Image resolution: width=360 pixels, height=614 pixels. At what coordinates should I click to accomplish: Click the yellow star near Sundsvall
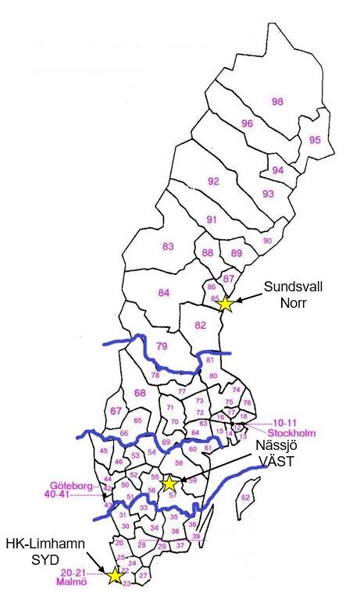(225, 304)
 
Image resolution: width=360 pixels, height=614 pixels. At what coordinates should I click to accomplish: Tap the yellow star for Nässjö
(169, 484)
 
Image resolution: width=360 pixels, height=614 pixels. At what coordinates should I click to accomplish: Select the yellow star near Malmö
(115, 576)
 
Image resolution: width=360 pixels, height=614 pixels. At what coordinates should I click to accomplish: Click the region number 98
(276, 102)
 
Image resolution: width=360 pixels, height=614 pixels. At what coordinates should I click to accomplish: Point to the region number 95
(315, 141)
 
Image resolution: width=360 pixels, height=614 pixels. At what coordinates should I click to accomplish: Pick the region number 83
(168, 247)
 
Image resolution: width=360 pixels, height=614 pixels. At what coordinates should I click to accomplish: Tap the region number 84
(163, 293)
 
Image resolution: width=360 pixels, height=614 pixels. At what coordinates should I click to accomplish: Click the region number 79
(162, 346)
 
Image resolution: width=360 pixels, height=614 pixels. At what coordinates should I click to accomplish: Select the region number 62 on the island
(246, 497)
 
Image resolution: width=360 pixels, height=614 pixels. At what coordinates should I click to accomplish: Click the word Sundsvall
(282, 287)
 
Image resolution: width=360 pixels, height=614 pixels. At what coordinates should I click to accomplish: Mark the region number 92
(213, 182)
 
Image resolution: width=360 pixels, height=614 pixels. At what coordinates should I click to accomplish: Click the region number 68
(141, 392)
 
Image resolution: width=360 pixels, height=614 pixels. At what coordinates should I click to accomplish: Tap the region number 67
(117, 412)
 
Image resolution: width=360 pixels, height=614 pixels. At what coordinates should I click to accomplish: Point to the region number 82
(201, 325)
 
